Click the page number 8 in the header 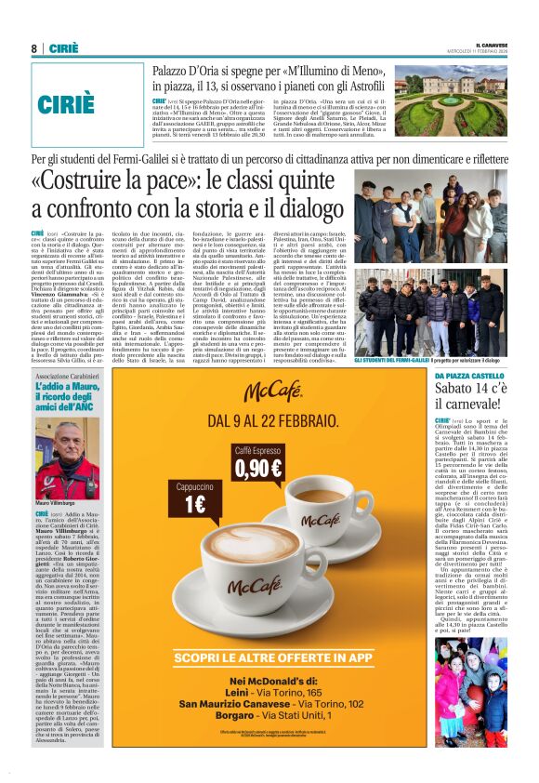[x=33, y=48]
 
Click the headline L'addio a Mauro [x=66, y=395]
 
